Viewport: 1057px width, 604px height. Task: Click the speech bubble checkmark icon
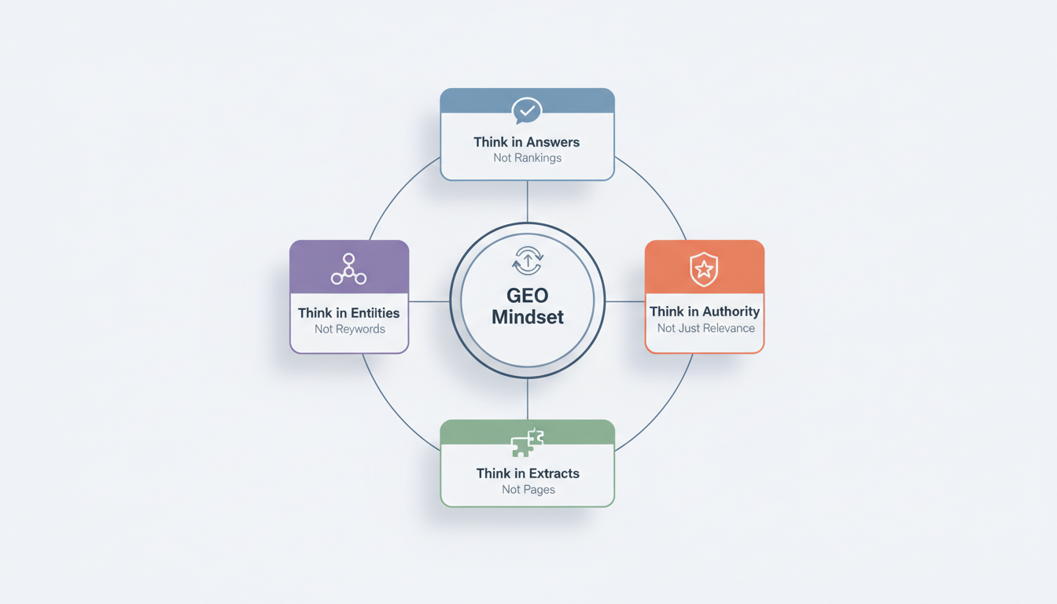click(x=526, y=110)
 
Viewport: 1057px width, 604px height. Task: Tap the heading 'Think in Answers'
click(x=526, y=142)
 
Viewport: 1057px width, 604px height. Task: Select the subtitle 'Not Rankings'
click(x=526, y=158)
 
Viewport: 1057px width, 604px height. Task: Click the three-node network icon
click(x=348, y=269)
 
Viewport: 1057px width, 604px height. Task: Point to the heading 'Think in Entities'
click(x=348, y=313)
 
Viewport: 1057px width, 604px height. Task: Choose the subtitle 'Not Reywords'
click(x=349, y=330)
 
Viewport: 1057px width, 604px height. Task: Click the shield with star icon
click(x=704, y=269)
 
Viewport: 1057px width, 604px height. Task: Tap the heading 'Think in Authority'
click(x=705, y=311)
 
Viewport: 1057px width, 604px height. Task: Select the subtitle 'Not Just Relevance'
click(x=705, y=328)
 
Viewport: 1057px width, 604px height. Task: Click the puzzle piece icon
click(x=527, y=443)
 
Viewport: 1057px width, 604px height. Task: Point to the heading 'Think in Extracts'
click(x=527, y=473)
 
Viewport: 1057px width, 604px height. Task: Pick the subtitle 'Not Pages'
click(x=528, y=490)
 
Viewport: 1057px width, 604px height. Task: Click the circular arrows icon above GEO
click(x=527, y=260)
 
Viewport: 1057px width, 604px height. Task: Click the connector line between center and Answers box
click(x=527, y=201)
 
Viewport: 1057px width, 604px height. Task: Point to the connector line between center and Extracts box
click(x=527, y=399)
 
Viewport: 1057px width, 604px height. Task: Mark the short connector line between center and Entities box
click(x=429, y=301)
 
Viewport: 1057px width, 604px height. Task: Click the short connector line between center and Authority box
click(x=625, y=301)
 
